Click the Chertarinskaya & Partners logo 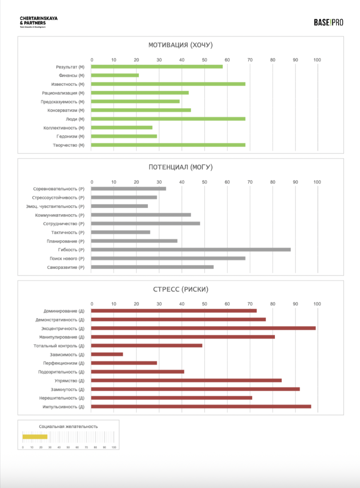(38, 22)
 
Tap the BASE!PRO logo (328, 23)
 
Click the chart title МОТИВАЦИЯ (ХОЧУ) (180, 45)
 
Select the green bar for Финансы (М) (115, 75)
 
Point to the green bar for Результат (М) (157, 67)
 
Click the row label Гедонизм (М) (70, 136)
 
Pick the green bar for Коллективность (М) (122, 128)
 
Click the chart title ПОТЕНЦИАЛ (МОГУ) (180, 167)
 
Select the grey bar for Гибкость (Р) (191, 250)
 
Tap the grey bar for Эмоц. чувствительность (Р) (120, 206)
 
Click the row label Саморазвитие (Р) (66, 267)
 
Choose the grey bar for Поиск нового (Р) (168, 258)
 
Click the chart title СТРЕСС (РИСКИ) (180, 289)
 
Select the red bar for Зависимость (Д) (107, 354)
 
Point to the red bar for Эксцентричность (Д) (203, 328)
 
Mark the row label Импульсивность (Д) (63, 407)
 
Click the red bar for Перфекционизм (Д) (124, 363)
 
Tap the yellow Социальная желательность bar (35, 436)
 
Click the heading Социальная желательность (68, 426)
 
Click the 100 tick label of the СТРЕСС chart (317, 304)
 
